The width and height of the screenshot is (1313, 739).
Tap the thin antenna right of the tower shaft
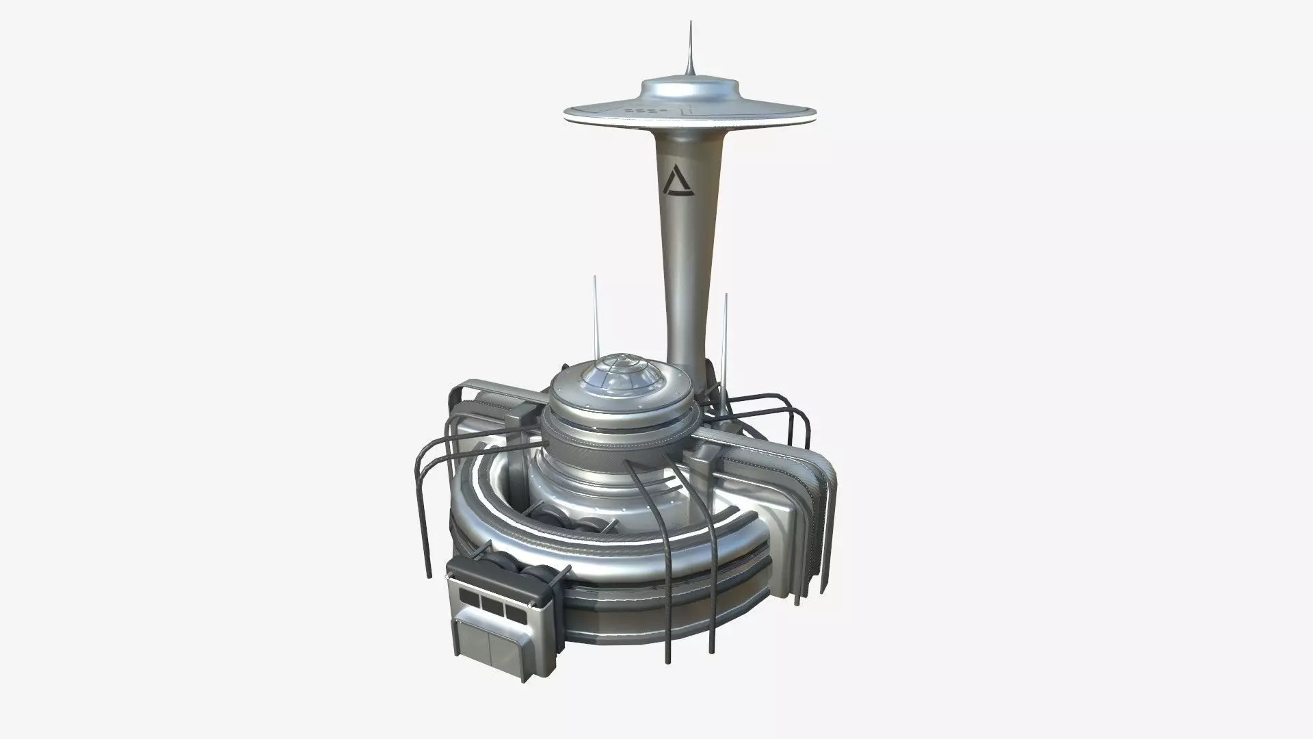pos(726,328)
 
